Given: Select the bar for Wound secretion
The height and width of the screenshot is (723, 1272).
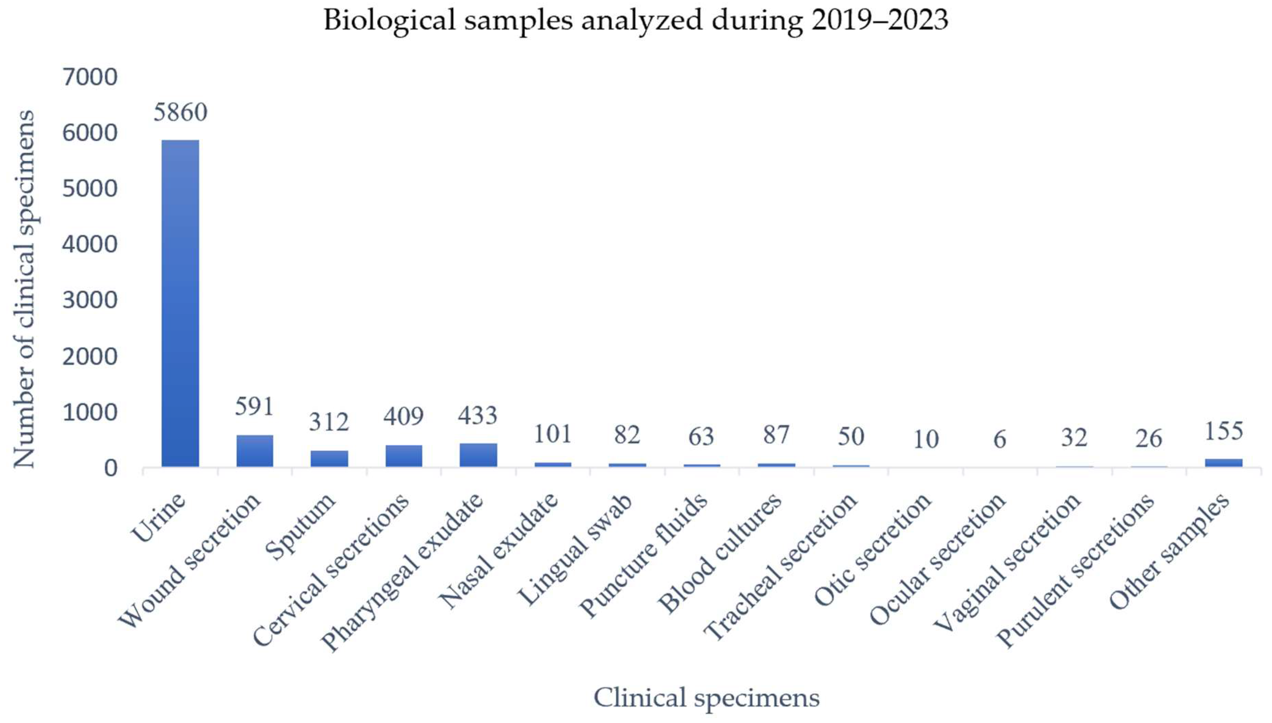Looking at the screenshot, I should point(255,450).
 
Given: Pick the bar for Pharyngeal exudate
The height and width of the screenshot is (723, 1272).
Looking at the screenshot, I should point(478,454).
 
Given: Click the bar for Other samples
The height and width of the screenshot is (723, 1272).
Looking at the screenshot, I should point(1223,462).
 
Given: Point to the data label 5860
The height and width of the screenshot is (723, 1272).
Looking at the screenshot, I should point(180,112).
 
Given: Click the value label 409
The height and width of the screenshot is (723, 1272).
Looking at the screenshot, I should point(403,416).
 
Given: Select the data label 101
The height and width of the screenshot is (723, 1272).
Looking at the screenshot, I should point(552,434).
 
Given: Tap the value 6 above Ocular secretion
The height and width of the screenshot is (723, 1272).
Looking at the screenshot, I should point(1000,439).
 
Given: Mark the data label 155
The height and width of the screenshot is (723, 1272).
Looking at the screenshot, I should point(1223,430).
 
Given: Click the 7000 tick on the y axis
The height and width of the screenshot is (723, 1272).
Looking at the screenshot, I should point(90,77).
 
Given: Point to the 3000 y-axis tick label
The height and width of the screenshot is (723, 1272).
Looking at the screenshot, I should point(90,300).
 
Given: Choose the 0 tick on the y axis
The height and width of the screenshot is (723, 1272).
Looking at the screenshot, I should point(110,468).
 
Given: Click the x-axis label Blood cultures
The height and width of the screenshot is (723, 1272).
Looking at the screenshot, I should point(720,554).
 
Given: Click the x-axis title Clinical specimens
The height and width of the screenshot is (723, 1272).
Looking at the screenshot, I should point(706,697).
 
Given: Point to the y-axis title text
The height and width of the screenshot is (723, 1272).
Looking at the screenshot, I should point(24,289).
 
